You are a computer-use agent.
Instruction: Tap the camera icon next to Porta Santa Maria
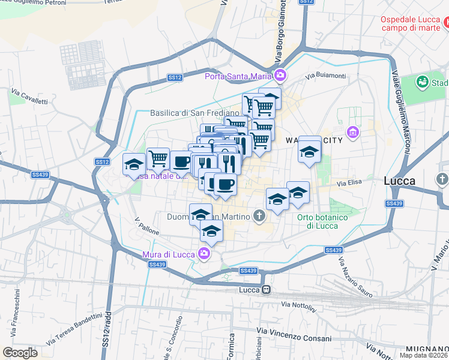280,76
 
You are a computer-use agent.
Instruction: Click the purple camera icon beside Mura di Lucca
205,254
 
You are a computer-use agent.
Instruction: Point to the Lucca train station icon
265,290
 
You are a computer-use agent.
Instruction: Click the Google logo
20,352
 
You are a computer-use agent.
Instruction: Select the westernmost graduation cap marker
134,163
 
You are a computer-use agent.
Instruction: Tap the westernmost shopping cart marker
157,158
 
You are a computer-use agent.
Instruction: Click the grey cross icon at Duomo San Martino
259,214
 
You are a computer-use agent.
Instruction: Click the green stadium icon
422,82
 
